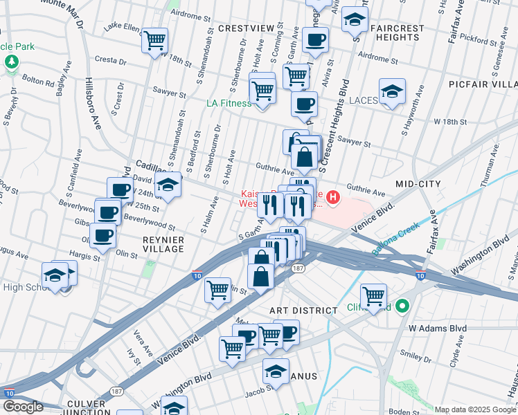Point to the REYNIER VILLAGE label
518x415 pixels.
point(163,245)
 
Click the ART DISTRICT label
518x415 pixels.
point(303,311)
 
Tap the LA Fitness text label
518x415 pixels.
point(229,103)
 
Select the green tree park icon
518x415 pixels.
point(12,62)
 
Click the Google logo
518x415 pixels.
point(22,407)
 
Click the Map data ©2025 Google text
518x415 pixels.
point(475,409)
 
